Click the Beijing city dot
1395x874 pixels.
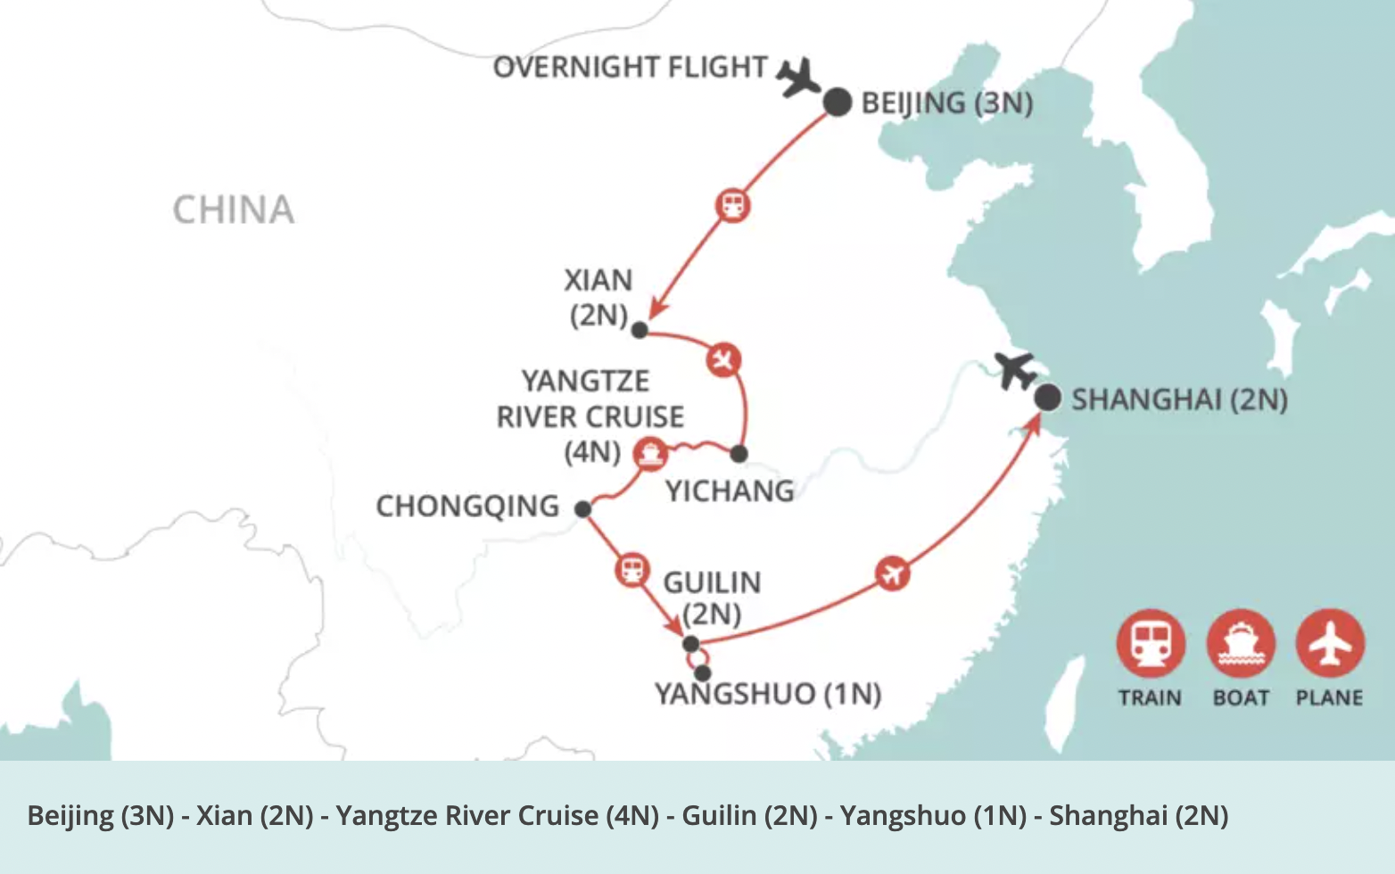837,103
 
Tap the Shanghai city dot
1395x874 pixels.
1047,398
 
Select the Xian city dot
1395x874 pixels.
640,330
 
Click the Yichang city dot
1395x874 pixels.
739,454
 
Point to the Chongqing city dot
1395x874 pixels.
582,509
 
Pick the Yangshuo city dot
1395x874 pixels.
703,673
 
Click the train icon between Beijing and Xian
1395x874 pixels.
733,205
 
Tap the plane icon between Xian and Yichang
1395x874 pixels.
723,360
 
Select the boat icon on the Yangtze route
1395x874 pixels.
650,453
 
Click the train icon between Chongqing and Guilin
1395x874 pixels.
631,569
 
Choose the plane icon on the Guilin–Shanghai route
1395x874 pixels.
892,573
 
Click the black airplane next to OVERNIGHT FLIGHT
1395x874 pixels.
797,78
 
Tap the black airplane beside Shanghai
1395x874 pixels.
1016,370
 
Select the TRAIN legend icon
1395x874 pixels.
1151,643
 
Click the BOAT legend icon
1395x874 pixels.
1241,643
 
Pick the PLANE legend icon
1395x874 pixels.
1330,643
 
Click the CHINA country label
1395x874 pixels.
233,210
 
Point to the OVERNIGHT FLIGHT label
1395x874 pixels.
630,68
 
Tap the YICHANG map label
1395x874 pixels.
730,491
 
